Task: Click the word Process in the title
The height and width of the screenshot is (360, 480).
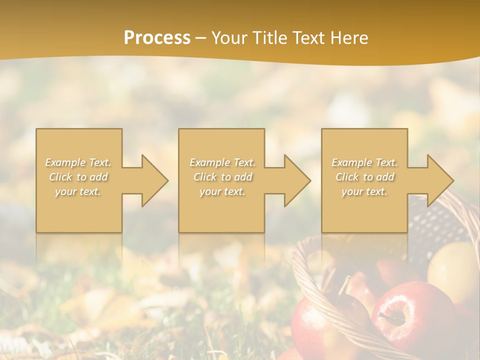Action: (157, 37)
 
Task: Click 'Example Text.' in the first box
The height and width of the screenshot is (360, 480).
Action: (78, 162)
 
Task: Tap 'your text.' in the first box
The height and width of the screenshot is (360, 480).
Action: (78, 191)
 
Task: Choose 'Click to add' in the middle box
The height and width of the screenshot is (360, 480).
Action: (222, 177)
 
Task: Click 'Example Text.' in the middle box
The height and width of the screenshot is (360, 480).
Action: (222, 162)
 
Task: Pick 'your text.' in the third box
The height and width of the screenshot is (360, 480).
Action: (364, 191)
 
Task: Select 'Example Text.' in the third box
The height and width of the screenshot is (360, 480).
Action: (364, 162)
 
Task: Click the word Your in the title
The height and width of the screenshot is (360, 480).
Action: (229, 37)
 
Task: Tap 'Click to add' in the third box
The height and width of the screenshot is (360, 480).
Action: (364, 177)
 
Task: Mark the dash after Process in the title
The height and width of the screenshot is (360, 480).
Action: (201, 37)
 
